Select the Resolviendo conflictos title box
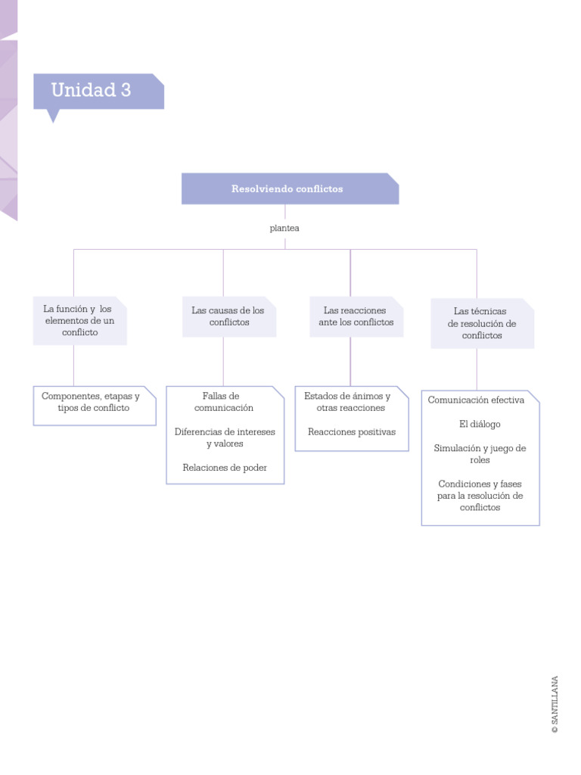(x=290, y=189)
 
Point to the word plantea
(x=284, y=228)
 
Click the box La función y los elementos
(x=79, y=321)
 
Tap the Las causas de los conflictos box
(x=228, y=317)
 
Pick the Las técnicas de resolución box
(x=482, y=323)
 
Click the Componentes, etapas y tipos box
(x=94, y=403)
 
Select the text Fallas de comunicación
(x=224, y=402)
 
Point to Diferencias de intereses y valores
(x=225, y=437)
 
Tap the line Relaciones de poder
(x=225, y=468)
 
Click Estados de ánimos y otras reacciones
(x=351, y=402)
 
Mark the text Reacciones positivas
(x=352, y=432)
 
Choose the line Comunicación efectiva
(x=476, y=400)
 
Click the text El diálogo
(x=480, y=424)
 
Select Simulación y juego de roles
(x=480, y=454)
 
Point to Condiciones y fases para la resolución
(x=480, y=496)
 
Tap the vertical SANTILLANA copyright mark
(x=555, y=704)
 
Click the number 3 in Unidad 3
(x=125, y=90)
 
